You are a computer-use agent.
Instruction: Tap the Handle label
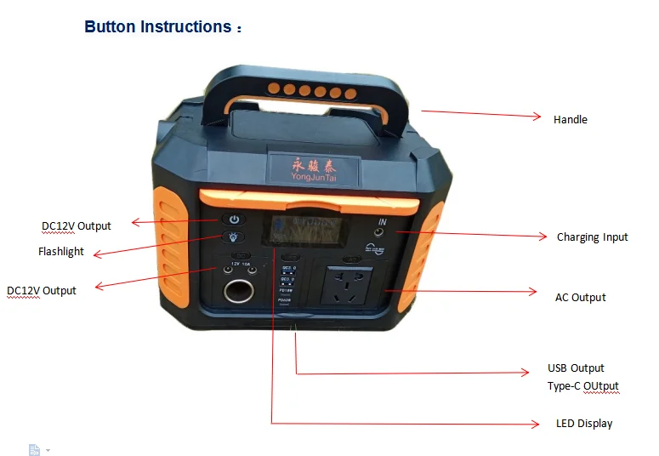570,120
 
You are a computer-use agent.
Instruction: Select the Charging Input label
592,237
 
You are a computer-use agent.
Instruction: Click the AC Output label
580,298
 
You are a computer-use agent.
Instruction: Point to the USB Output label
576,368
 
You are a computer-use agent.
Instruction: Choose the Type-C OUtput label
582,386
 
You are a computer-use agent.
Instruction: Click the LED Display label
583,424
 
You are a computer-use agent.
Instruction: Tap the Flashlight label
61,252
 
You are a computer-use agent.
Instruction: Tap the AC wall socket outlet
346,286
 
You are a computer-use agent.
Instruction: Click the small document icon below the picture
35,449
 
